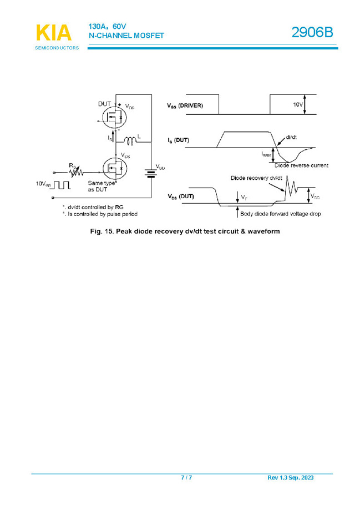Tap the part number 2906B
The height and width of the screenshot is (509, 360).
313,33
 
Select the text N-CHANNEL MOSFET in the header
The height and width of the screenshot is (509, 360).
126,36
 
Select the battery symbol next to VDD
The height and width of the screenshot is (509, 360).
150,175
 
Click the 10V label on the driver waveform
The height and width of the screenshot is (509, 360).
298,104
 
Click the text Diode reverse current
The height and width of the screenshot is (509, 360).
301,165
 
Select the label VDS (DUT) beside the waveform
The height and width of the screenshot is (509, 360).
181,196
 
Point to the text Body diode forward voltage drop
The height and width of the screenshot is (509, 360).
280,214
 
